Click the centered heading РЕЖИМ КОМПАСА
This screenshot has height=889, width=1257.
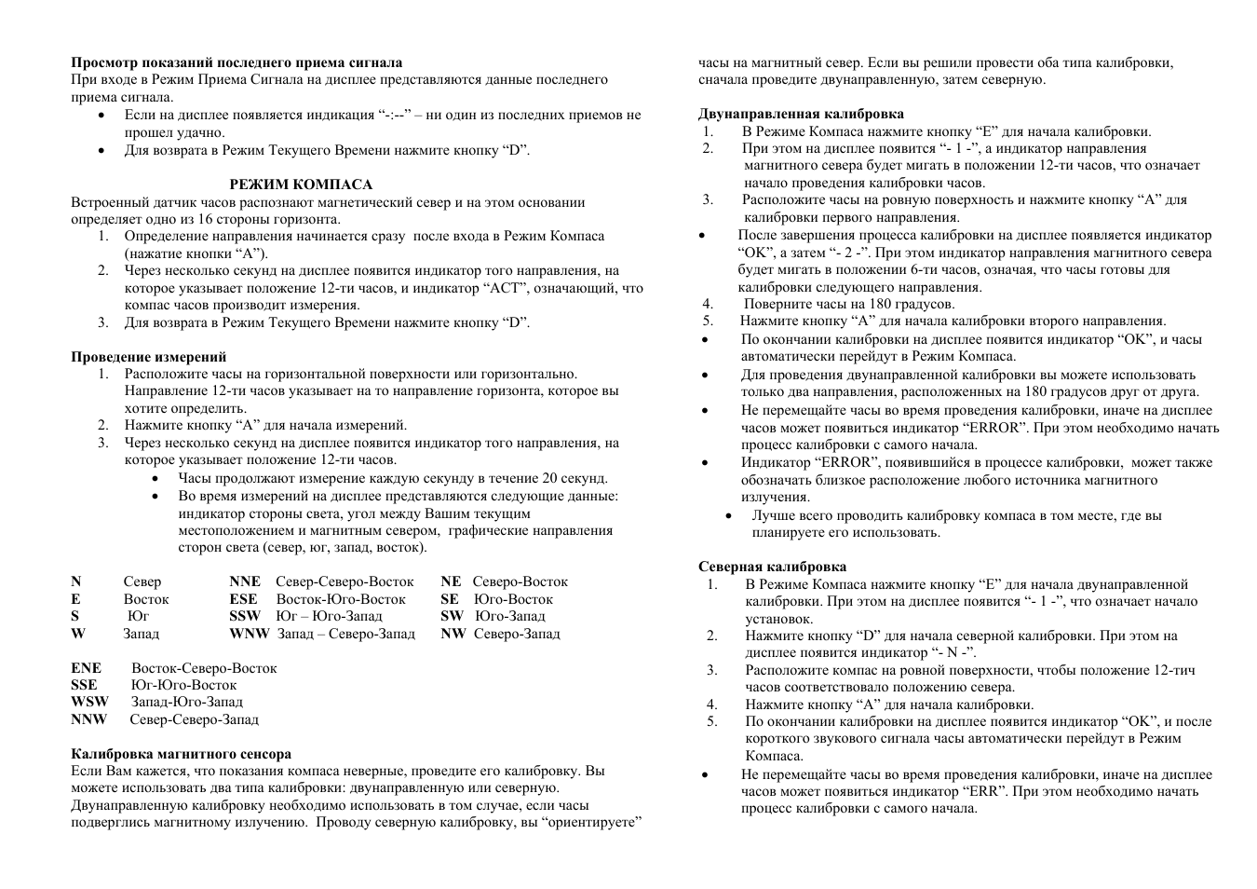pyautogui.click(x=301, y=185)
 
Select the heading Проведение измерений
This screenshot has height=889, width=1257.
pyautogui.click(x=148, y=357)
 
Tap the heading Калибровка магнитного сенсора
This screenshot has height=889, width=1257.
pyautogui.click(x=181, y=754)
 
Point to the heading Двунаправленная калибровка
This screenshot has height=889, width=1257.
pyautogui.click(x=801, y=114)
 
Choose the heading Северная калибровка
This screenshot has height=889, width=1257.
pyautogui.click(x=772, y=566)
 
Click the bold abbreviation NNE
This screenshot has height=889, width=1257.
pyautogui.click(x=245, y=581)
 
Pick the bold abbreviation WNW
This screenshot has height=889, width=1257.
pyautogui.click(x=250, y=634)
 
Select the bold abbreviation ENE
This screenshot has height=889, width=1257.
pyautogui.click(x=86, y=668)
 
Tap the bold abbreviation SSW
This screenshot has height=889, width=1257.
pyautogui.click(x=245, y=616)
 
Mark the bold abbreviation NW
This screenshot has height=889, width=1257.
pyautogui.click(x=453, y=634)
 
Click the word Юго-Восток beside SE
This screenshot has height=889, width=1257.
pyautogui.click(x=513, y=599)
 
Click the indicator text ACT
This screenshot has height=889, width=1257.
pyautogui.click(x=507, y=288)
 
